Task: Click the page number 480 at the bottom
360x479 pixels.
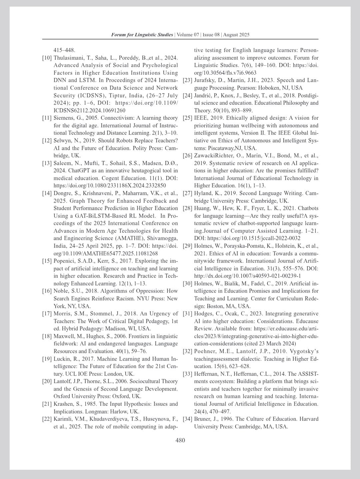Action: pos(180,440)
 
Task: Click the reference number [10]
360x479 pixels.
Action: pos(47,58)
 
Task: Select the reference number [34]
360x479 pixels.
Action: pos(188,419)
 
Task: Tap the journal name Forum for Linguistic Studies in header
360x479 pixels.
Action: pos(142,35)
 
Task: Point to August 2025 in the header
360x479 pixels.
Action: pos(236,35)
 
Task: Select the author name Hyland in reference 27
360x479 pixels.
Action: pos(203,193)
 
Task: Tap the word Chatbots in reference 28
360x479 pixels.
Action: pos(308,208)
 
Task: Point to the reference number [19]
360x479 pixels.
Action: pos(47,359)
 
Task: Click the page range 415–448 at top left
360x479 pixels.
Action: pos(64,50)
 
